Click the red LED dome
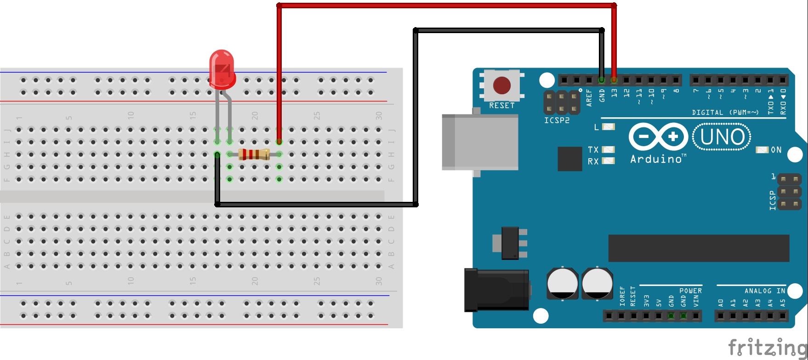(x=222, y=68)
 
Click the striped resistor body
(x=254, y=154)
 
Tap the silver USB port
(x=480, y=142)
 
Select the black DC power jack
(x=496, y=290)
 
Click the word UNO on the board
(x=722, y=137)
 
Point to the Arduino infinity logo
(x=658, y=137)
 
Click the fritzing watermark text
(x=768, y=347)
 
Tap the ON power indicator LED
(x=762, y=150)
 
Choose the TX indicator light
(x=608, y=149)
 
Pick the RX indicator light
(x=608, y=161)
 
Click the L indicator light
(x=608, y=127)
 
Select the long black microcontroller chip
(x=699, y=248)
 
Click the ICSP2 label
(x=557, y=120)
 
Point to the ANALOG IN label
(x=765, y=291)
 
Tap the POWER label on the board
(x=690, y=291)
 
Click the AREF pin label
(x=589, y=98)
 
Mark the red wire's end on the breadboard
(x=279, y=142)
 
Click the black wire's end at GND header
(x=602, y=80)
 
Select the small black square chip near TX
(x=569, y=159)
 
